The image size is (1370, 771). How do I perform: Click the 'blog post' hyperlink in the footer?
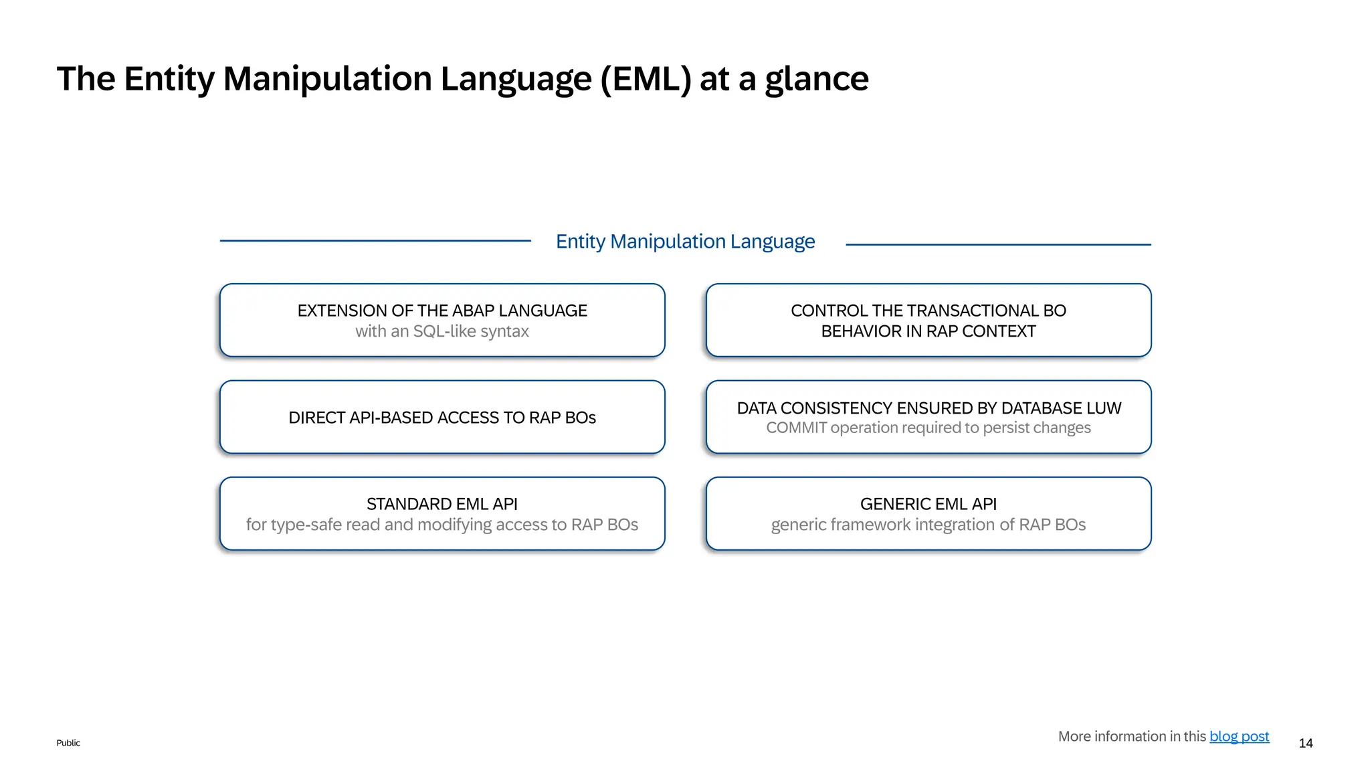click(x=1239, y=736)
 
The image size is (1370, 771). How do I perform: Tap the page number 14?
click(x=1305, y=743)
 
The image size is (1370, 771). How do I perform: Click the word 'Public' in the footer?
click(x=68, y=743)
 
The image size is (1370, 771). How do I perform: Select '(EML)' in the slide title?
click(x=646, y=79)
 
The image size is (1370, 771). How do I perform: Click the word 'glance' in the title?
click(x=816, y=79)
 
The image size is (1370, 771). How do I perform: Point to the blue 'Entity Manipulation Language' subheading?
click(x=685, y=241)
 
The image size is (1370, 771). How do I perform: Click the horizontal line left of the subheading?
click(x=375, y=241)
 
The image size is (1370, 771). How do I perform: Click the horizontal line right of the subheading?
click(x=998, y=245)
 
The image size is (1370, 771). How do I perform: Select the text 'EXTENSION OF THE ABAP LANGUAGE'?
click(x=442, y=311)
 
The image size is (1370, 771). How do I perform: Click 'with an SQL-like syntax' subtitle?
click(x=442, y=331)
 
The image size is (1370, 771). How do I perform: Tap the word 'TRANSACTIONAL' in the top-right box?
click(x=963, y=311)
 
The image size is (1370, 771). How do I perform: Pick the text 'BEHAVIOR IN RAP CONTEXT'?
click(x=928, y=331)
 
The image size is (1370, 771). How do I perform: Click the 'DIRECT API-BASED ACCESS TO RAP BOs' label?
click(x=442, y=418)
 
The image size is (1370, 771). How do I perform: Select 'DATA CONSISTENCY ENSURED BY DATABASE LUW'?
click(x=928, y=408)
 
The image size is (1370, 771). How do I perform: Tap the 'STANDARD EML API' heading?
click(x=442, y=504)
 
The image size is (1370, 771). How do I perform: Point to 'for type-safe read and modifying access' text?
click(x=401, y=525)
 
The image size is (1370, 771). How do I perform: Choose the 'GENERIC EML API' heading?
click(x=928, y=504)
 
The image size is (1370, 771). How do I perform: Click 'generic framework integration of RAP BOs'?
click(x=928, y=525)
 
